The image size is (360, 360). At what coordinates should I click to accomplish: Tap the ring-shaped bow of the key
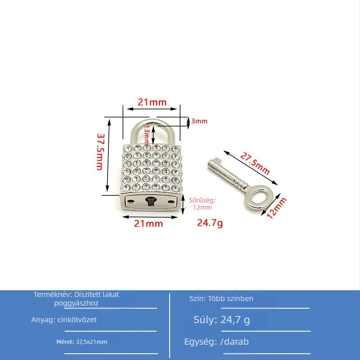point(249,198)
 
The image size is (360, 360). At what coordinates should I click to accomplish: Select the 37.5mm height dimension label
point(100,152)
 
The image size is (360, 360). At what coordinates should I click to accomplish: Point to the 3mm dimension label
point(199,121)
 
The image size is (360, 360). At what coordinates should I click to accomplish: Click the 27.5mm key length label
point(255,164)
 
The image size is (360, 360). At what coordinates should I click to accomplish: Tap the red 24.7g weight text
point(210,223)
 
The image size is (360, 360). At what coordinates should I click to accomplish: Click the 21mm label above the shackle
point(152,102)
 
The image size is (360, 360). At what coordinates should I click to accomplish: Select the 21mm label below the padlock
point(148,224)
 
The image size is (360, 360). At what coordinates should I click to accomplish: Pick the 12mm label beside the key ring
point(276,207)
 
